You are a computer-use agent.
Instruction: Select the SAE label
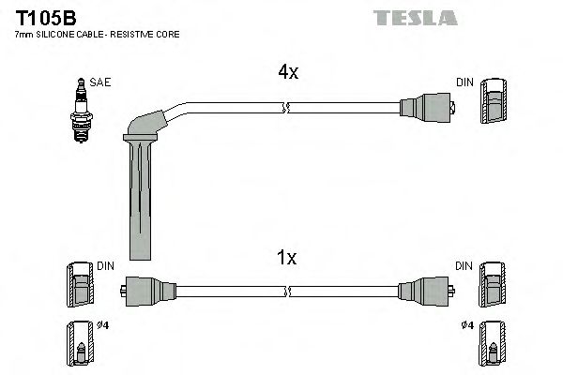[101, 82]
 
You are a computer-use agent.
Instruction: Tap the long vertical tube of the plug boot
[136, 202]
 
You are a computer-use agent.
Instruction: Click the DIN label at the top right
[464, 82]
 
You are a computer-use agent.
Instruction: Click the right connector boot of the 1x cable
[429, 287]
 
